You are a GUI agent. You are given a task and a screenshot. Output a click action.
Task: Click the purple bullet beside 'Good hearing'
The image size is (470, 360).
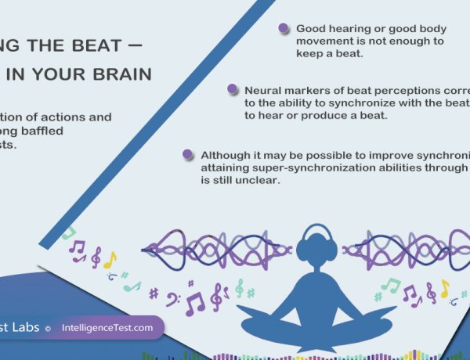click(x=284, y=28)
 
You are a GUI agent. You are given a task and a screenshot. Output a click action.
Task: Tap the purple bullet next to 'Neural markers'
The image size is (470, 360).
click(x=232, y=89)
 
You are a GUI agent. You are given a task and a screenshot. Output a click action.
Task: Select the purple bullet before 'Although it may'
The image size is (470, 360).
click(x=186, y=154)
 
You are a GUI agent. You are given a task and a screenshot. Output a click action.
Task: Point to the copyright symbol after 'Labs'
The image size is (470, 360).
click(x=48, y=329)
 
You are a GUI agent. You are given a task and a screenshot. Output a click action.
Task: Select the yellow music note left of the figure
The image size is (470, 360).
click(x=110, y=259)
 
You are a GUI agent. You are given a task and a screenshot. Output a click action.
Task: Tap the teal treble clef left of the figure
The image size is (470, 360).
click(x=239, y=288)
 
